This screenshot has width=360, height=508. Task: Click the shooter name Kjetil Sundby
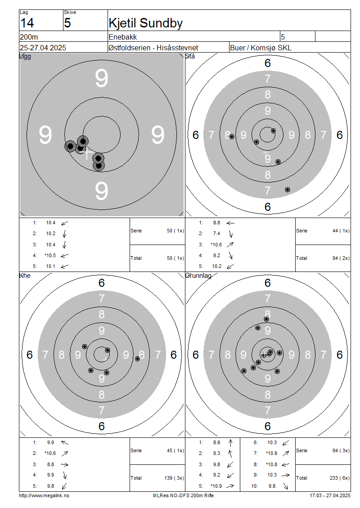146,23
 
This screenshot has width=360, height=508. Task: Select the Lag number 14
27,23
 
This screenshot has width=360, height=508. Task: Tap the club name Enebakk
122,37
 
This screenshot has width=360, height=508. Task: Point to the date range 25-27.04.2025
43,48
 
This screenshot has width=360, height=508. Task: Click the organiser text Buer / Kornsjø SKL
261,48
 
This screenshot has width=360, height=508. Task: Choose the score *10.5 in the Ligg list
50,255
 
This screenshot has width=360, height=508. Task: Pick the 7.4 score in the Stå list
216,233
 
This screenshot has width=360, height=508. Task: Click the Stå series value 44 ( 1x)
341,231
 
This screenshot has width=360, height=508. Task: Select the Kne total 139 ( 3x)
174,478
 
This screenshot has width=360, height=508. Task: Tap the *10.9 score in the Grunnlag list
216,486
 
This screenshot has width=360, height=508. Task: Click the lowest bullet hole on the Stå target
288,190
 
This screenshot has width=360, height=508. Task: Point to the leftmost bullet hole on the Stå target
232,137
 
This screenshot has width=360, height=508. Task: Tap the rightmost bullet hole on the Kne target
138,359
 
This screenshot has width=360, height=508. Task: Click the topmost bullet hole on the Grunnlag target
266,319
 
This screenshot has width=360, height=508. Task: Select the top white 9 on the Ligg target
102,78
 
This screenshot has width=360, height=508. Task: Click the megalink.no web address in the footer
44,495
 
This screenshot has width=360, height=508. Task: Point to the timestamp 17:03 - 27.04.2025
330,495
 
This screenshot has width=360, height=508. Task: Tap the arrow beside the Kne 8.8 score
64,464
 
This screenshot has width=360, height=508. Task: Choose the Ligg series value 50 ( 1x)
175,231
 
